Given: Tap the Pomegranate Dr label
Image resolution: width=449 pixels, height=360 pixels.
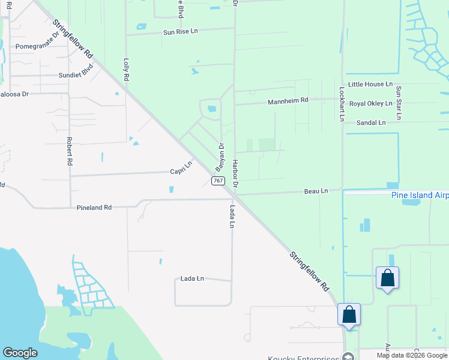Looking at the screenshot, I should coord(38,46).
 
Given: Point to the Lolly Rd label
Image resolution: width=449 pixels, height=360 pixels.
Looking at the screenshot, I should coord(126,70).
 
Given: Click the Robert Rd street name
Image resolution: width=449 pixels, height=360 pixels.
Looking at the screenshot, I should coord(70,151).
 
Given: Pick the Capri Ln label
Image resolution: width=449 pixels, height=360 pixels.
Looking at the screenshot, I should coord(181,167).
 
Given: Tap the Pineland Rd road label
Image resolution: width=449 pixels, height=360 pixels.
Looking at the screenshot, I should coord(94,208).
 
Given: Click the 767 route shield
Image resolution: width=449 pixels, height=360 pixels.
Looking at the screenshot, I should coord(218,180).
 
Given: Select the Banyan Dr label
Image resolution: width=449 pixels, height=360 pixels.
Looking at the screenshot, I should coord(220,156).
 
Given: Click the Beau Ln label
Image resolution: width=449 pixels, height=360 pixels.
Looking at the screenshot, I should coord(316,191).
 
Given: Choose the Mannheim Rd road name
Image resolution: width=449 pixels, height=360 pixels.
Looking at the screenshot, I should coord(288,100).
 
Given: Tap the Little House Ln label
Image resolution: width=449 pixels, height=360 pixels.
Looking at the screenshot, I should coord(370,85).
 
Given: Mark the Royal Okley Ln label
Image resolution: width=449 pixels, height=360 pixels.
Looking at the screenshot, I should coord(370,104).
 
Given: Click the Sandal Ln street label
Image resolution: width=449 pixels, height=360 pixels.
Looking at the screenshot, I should coord(370,122).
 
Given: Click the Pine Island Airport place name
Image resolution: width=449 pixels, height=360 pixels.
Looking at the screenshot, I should coord(420,195).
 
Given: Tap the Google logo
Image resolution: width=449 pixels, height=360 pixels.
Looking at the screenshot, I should coord(20,353).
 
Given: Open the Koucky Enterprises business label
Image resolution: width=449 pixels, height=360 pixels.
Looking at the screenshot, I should coord(304,356).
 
